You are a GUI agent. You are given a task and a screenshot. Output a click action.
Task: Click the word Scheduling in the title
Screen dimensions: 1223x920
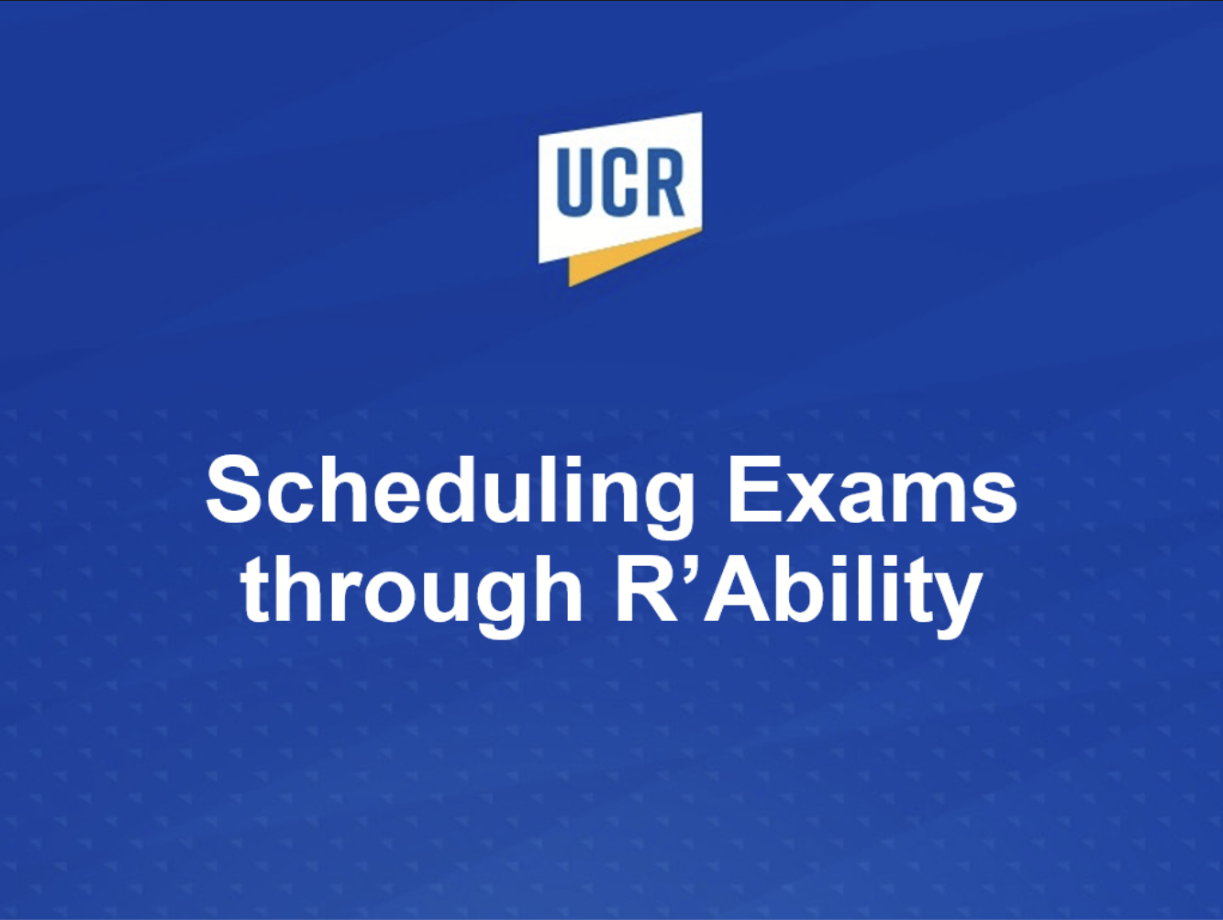450,495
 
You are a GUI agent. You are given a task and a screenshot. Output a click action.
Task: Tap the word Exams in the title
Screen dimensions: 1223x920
873,489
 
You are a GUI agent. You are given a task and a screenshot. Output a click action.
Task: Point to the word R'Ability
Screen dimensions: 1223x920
798,596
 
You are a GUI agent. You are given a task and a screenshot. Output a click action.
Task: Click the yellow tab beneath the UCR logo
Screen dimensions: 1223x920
624,260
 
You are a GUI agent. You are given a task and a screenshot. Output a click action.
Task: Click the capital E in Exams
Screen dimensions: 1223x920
755,489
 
